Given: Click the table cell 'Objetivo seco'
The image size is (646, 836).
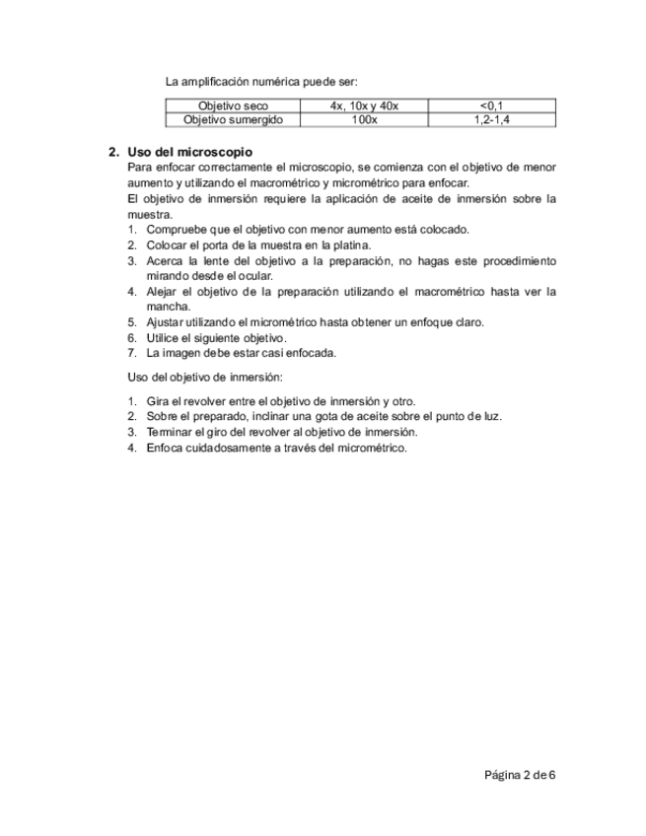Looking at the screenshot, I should pyautogui.click(x=233, y=105).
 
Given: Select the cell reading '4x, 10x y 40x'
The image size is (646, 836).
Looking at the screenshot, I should pyautogui.click(x=364, y=105).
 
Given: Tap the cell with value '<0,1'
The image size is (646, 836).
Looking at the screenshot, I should pyautogui.click(x=492, y=105).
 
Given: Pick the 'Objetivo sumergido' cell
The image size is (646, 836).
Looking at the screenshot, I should pyautogui.click(x=233, y=119).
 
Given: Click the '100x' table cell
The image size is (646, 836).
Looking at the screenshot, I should pyautogui.click(x=364, y=119).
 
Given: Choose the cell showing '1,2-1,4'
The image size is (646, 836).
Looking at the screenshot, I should pyautogui.click(x=492, y=119).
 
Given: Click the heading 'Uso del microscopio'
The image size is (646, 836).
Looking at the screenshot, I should pyautogui.click(x=190, y=152).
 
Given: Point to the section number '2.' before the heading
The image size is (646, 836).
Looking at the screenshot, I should pyautogui.click(x=114, y=152).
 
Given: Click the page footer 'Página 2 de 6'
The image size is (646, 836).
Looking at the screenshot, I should pyautogui.click(x=520, y=775).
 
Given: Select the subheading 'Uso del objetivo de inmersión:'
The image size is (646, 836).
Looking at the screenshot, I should pyautogui.click(x=206, y=377).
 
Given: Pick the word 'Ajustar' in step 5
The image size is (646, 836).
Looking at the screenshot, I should pyautogui.click(x=164, y=322).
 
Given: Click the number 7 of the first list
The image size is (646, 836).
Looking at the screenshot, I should pyautogui.click(x=132, y=352).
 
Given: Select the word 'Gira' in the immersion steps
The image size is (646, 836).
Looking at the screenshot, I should pyautogui.click(x=156, y=401).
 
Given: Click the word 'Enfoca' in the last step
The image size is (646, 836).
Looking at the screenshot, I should pyautogui.click(x=163, y=448).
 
